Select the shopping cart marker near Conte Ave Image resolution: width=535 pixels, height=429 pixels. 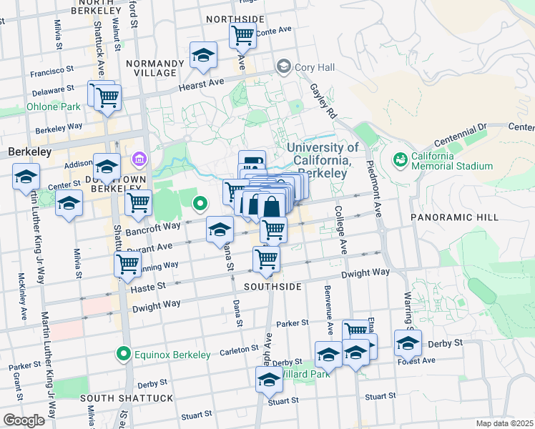click(x=242, y=34)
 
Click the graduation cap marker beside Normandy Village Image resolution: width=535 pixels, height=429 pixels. click(x=203, y=56)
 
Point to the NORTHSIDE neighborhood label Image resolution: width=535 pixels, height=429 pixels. click(x=235, y=19)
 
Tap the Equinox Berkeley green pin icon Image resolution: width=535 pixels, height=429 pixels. click(x=124, y=353)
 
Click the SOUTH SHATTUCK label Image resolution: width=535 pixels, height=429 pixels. click(x=127, y=398)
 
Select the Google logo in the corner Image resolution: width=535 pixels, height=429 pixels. click(x=24, y=420)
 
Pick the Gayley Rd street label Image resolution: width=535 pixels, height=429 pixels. click(x=323, y=100)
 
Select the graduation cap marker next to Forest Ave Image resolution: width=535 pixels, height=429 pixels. click(x=408, y=343)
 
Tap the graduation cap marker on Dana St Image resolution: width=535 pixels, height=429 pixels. click(x=220, y=230)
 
